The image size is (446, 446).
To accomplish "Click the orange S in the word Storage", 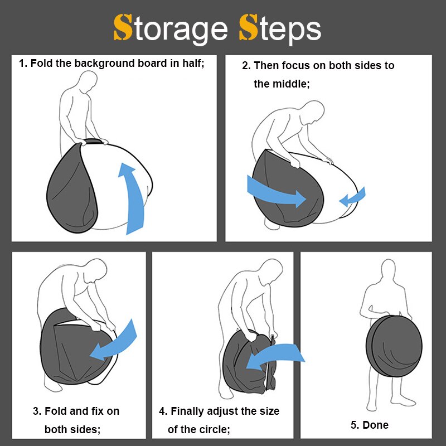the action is (x=123, y=27).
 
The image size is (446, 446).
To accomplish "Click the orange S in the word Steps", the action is (x=248, y=27).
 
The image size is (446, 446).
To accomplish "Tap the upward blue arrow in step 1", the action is (x=132, y=199).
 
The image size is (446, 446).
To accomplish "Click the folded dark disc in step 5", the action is (x=394, y=346).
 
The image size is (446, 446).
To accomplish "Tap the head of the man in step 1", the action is (x=88, y=81).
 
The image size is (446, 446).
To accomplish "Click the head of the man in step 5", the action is (x=388, y=269).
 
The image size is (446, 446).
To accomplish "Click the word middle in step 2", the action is (x=290, y=84).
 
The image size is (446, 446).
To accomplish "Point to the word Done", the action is (x=375, y=425).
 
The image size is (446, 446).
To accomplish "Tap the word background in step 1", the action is (x=104, y=64).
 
